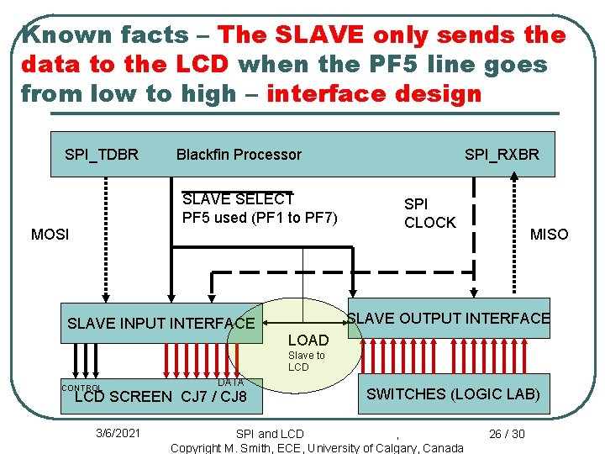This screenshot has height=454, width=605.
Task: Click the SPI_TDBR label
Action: pyautogui.click(x=102, y=154)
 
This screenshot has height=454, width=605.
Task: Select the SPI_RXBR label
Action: pyautogui.click(x=502, y=154)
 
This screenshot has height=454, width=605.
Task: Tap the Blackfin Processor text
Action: pyautogui.click(x=239, y=154)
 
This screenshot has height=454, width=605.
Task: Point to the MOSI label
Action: pyautogui.click(x=50, y=234)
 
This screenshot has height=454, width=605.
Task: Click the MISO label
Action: pyautogui.click(x=549, y=235)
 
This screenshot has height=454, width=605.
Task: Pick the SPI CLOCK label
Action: pyautogui.click(x=429, y=214)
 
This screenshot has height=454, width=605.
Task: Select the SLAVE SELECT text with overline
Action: pyautogui.click(x=238, y=199)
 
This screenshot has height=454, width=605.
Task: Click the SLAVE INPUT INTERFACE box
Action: pyautogui.click(x=160, y=323)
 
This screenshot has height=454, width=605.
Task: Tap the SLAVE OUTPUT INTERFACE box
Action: pyautogui.click(x=449, y=319)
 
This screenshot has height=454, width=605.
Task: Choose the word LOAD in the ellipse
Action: pyautogui.click(x=308, y=340)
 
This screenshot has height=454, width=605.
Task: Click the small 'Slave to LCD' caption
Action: pyautogui.click(x=306, y=362)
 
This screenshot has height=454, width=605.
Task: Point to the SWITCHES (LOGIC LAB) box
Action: pyautogui.click(x=453, y=393)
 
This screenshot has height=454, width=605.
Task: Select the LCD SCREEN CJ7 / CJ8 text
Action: pyautogui.click(x=160, y=397)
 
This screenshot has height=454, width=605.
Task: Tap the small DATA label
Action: pyautogui.click(x=230, y=383)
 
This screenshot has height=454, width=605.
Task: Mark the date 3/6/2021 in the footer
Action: pyautogui.click(x=118, y=433)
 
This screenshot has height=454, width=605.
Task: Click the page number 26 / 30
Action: pyautogui.click(x=507, y=433)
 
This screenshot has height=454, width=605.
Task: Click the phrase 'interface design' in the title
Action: pyautogui.click(x=374, y=93)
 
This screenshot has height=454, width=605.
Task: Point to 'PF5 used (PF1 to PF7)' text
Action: pyautogui.click(x=260, y=219)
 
